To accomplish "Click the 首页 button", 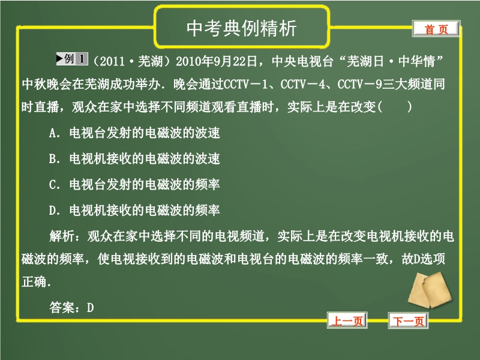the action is (x=436, y=29).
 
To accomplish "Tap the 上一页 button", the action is (x=347, y=320).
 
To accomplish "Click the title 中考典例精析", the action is (x=242, y=28).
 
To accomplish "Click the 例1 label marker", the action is (x=72, y=59).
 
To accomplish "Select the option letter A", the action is (x=53, y=133).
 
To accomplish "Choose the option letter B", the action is (x=53, y=158).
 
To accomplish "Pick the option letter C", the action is (x=53, y=184).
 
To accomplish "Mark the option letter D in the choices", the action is (x=53, y=211).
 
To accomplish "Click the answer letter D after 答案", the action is (x=91, y=308).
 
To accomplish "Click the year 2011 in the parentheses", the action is (x=112, y=62).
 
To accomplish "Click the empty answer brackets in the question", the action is (x=395, y=107).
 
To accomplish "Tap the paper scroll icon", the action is (x=430, y=290).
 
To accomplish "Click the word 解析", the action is (x=62, y=236).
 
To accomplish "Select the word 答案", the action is (x=62, y=308).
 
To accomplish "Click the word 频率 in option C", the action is (x=207, y=184).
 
